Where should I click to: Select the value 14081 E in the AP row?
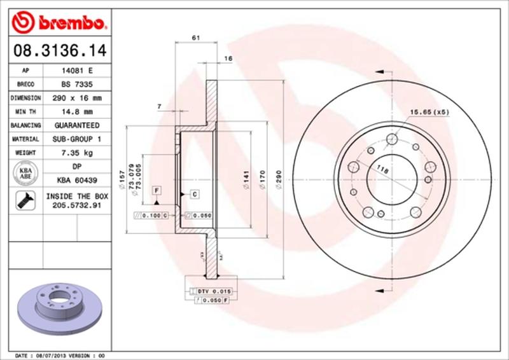(x=74, y=71)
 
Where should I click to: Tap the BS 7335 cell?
(x=74, y=85)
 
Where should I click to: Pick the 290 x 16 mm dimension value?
(x=74, y=98)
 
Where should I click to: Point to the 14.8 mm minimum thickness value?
(x=74, y=111)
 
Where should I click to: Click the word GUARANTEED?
(x=74, y=125)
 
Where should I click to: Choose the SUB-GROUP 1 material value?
(x=74, y=139)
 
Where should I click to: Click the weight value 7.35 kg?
(x=74, y=153)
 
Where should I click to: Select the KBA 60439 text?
(x=74, y=180)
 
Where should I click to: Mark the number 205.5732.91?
(x=74, y=206)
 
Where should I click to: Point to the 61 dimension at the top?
(x=195, y=38)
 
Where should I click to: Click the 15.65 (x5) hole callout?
(x=428, y=112)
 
